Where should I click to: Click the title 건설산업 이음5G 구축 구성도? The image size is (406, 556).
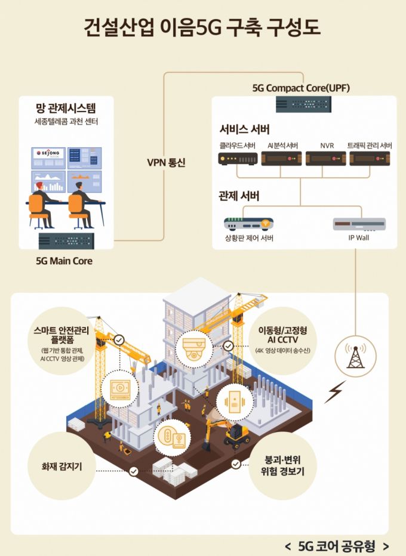(x=203, y=27)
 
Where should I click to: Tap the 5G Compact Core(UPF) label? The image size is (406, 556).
(x=301, y=88)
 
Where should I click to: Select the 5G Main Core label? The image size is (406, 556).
(x=65, y=261)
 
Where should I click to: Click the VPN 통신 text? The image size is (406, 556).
(x=166, y=162)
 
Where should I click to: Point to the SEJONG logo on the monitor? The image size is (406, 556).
(x=47, y=153)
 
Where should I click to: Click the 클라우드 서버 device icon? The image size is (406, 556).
(x=236, y=159)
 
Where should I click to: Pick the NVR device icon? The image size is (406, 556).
(x=325, y=159)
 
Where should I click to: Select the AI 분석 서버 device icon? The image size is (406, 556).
(x=281, y=159)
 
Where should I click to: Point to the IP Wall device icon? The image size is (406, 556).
(x=359, y=224)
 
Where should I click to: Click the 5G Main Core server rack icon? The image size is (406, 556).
(x=66, y=241)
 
